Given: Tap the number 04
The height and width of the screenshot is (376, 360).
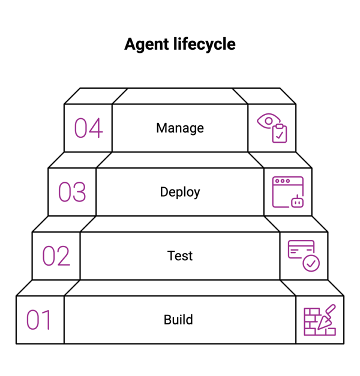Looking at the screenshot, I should click(88, 128).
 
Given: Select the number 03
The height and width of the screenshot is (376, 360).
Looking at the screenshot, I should click(72, 192).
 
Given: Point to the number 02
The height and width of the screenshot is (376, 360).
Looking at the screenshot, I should click(56, 256).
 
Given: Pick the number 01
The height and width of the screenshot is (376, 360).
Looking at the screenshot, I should click(39, 320).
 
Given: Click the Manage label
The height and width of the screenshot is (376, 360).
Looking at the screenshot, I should click(180, 128).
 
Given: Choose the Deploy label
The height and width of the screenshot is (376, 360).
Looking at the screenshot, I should click(180, 192).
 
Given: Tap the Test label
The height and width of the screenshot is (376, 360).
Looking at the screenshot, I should click(180, 256).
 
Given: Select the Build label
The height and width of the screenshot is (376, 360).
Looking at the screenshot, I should click(178, 320).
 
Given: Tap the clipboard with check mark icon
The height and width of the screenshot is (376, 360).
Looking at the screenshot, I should click(279, 134).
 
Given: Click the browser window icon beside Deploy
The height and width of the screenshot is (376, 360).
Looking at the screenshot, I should click(286, 191).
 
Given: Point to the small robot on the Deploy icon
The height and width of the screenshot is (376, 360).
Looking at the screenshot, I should click(297, 202).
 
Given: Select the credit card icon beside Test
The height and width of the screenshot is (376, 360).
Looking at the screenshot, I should click(301, 249).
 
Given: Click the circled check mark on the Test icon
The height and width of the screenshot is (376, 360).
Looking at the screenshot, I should click(311, 263).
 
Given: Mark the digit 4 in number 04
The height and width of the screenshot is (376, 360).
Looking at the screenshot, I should click(96, 128).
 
